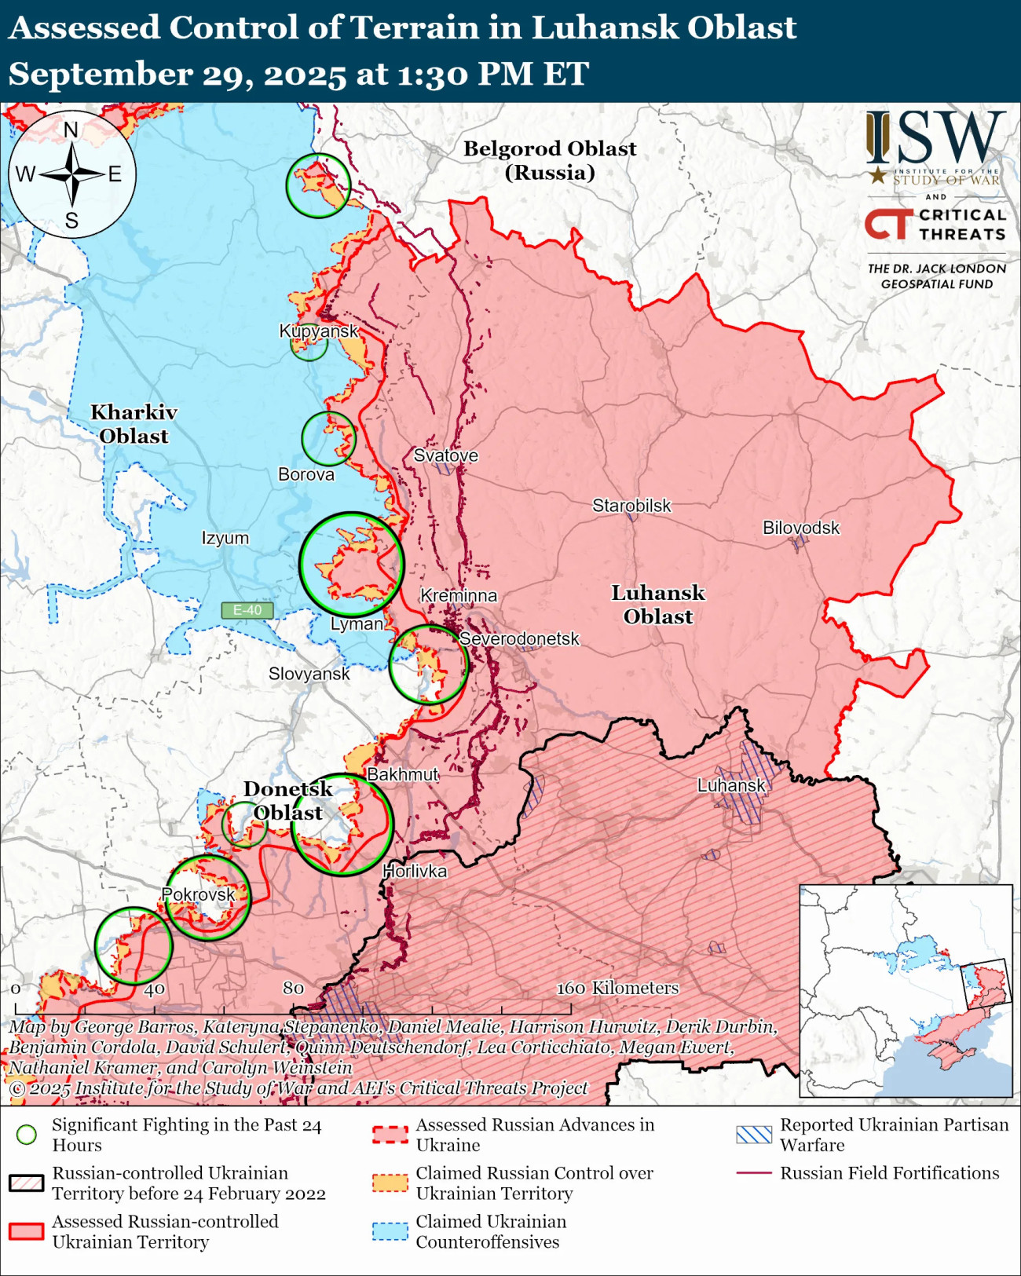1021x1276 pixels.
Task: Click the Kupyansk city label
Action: click(319, 331)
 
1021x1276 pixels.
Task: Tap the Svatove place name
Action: click(445, 455)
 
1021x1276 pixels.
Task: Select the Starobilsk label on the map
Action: click(631, 506)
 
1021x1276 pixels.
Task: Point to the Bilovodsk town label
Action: click(801, 528)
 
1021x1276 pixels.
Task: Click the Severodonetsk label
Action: click(519, 638)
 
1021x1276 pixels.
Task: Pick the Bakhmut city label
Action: click(402, 774)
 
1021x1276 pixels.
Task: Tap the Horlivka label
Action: click(415, 871)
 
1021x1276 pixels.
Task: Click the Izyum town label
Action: click(225, 538)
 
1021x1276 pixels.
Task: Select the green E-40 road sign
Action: click(247, 610)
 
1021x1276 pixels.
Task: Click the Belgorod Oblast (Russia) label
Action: click(550, 160)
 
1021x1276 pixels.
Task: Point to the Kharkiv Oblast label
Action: click(134, 424)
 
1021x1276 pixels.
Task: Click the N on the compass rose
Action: click(71, 130)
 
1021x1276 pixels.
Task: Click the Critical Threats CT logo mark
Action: click(889, 224)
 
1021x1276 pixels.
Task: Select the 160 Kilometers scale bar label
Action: click(617, 988)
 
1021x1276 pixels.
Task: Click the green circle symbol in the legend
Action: click(27, 1135)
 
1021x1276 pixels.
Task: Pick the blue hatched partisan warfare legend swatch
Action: click(754, 1135)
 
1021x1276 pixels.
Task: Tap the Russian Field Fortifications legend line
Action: click(754, 1173)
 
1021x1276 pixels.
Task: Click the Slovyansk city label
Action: click(309, 674)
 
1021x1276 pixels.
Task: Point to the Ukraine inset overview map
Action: click(906, 990)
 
